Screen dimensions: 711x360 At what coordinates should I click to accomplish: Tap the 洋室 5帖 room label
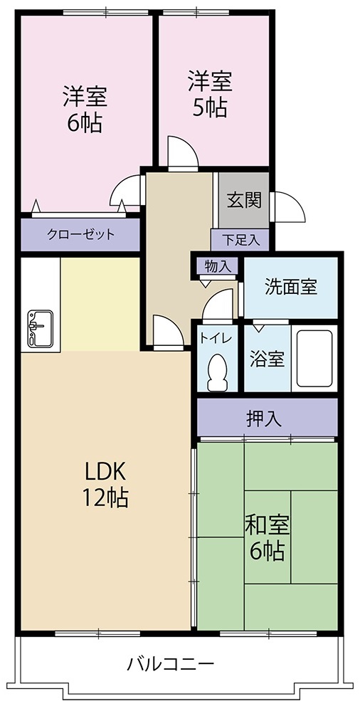210,93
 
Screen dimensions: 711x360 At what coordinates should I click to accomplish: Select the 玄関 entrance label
243,200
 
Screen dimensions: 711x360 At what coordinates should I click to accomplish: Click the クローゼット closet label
80,235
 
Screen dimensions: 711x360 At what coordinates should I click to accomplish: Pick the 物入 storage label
216,266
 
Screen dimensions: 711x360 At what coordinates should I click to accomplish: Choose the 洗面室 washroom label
290,287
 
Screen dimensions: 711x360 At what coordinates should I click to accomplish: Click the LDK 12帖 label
106,484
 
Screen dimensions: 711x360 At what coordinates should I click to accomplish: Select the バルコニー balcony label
171,665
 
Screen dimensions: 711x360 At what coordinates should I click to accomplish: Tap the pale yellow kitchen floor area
100,303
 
